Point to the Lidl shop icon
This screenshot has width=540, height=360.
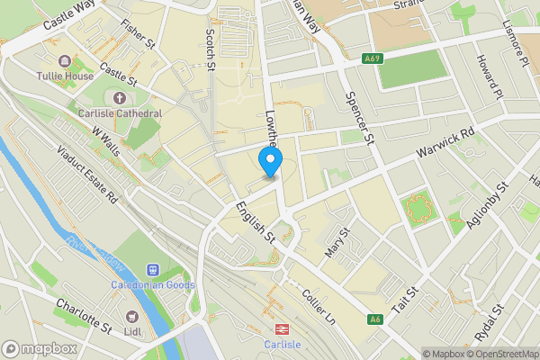(x=132, y=317)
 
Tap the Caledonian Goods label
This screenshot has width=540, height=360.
(x=153, y=285)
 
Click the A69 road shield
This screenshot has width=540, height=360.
(x=373, y=58)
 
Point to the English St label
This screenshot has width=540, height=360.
(x=256, y=224)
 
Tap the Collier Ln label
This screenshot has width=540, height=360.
(x=319, y=307)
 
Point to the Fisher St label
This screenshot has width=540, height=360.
(x=138, y=34)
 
